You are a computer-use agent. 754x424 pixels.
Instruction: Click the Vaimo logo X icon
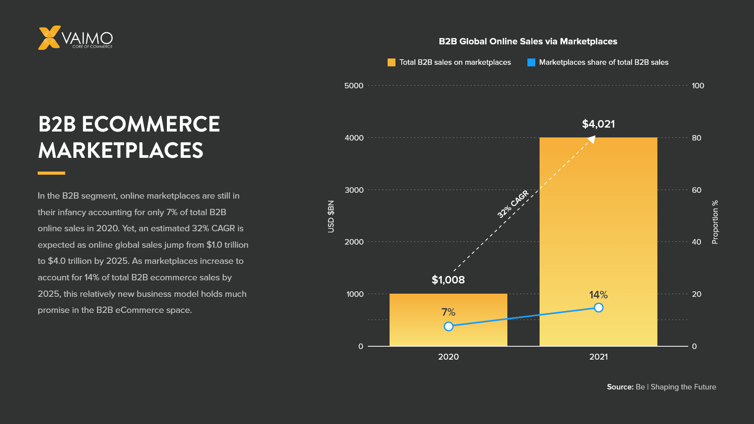coord(49,38)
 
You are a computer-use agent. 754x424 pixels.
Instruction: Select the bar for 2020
coord(448,320)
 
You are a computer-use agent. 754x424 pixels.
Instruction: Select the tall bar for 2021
coord(598,236)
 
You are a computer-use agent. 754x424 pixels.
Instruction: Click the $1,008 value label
coord(448,280)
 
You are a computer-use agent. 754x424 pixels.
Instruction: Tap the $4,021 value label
coord(598,124)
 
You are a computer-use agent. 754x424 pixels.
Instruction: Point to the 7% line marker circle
coord(448,326)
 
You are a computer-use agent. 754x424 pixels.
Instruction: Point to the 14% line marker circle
coord(598,307)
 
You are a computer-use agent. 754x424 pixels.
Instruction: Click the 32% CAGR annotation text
coord(513,204)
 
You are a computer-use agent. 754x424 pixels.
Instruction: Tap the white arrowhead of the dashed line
coord(592,139)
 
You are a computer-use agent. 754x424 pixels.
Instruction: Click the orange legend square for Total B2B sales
coord(391,62)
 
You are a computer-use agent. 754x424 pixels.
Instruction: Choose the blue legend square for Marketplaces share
coord(531,62)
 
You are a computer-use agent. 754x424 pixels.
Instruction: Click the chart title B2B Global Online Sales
coord(528,42)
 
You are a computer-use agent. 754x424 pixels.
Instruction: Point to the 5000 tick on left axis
coord(354,86)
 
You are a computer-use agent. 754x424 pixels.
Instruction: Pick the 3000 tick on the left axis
coord(354,190)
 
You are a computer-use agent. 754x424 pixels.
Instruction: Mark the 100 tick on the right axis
coord(698,86)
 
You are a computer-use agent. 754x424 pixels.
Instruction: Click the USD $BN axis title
coord(331,216)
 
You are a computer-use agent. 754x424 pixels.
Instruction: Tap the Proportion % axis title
coord(715,222)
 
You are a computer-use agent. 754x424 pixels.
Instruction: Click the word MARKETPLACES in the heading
coord(121,150)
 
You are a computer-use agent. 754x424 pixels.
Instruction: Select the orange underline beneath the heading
coord(51,173)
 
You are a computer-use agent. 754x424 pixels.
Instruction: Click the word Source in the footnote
coord(620,387)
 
